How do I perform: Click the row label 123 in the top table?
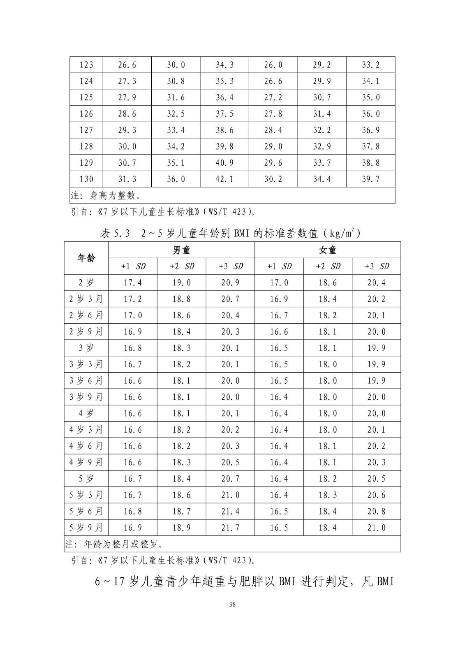86,65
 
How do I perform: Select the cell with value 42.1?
224,179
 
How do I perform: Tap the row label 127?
86,130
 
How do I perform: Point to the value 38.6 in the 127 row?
224,130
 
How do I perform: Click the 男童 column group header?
181,250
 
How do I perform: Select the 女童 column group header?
328,250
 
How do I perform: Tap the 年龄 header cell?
86,258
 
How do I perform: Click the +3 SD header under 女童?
377,266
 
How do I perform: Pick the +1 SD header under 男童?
133,266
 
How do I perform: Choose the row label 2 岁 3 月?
86,299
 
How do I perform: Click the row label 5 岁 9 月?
86,528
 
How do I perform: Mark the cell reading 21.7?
230,528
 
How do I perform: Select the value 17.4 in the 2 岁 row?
133,283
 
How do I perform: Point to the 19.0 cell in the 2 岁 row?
181,283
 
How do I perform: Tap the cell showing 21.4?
230,511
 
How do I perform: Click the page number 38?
233,605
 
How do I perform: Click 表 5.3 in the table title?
115,234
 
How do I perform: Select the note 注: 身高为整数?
106,195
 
